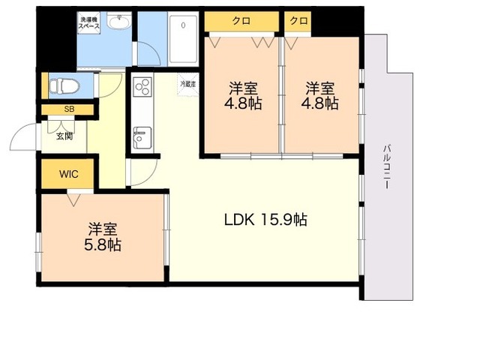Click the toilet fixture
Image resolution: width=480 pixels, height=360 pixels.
pos(64,85)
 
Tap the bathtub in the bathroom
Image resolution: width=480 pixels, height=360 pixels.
pos(183,39)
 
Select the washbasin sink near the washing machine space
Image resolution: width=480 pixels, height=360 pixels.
pos(119,22)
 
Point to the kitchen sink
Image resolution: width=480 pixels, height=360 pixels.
pos(142,138)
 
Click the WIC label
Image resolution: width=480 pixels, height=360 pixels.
pos(69,174)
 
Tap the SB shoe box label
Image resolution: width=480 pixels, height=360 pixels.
pos(69,109)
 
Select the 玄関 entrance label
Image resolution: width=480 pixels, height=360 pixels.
pos(64,136)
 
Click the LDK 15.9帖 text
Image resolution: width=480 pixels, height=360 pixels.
pos(265,220)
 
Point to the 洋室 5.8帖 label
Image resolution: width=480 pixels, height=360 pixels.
pos(103,236)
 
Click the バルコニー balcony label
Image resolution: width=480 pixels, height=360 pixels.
pos(386,166)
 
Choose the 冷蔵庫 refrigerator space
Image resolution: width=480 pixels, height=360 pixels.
pos(188,84)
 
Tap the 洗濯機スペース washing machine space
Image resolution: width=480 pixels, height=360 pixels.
pos(88,22)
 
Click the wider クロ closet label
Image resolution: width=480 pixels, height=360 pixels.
pos(241,21)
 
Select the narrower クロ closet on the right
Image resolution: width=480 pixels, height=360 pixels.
pos(298,21)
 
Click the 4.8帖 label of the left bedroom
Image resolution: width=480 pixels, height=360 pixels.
pos(243,103)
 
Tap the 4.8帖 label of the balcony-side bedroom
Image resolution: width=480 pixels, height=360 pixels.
pos(320,103)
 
